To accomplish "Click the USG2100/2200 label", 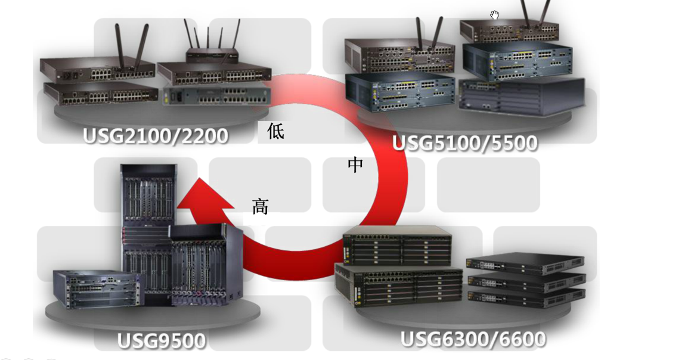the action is [x=156, y=135].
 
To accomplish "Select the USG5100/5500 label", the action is [x=465, y=143].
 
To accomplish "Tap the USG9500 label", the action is [x=162, y=341].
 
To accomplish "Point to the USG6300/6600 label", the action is [x=473, y=339].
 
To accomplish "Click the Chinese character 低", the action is [x=275, y=131].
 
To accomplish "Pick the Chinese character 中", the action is [x=355, y=165].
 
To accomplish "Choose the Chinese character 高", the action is [x=261, y=206].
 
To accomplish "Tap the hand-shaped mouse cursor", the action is [x=494, y=15].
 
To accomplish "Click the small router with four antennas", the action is [x=212, y=54].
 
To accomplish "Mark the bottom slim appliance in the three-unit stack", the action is [x=525, y=298].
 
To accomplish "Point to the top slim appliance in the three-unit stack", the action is [x=525, y=262].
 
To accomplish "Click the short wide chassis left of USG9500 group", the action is [x=95, y=289].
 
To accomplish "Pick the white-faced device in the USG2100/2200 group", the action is [x=215, y=95].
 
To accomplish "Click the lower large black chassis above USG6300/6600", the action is [x=398, y=286].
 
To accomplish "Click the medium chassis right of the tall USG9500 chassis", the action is [x=206, y=265].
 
